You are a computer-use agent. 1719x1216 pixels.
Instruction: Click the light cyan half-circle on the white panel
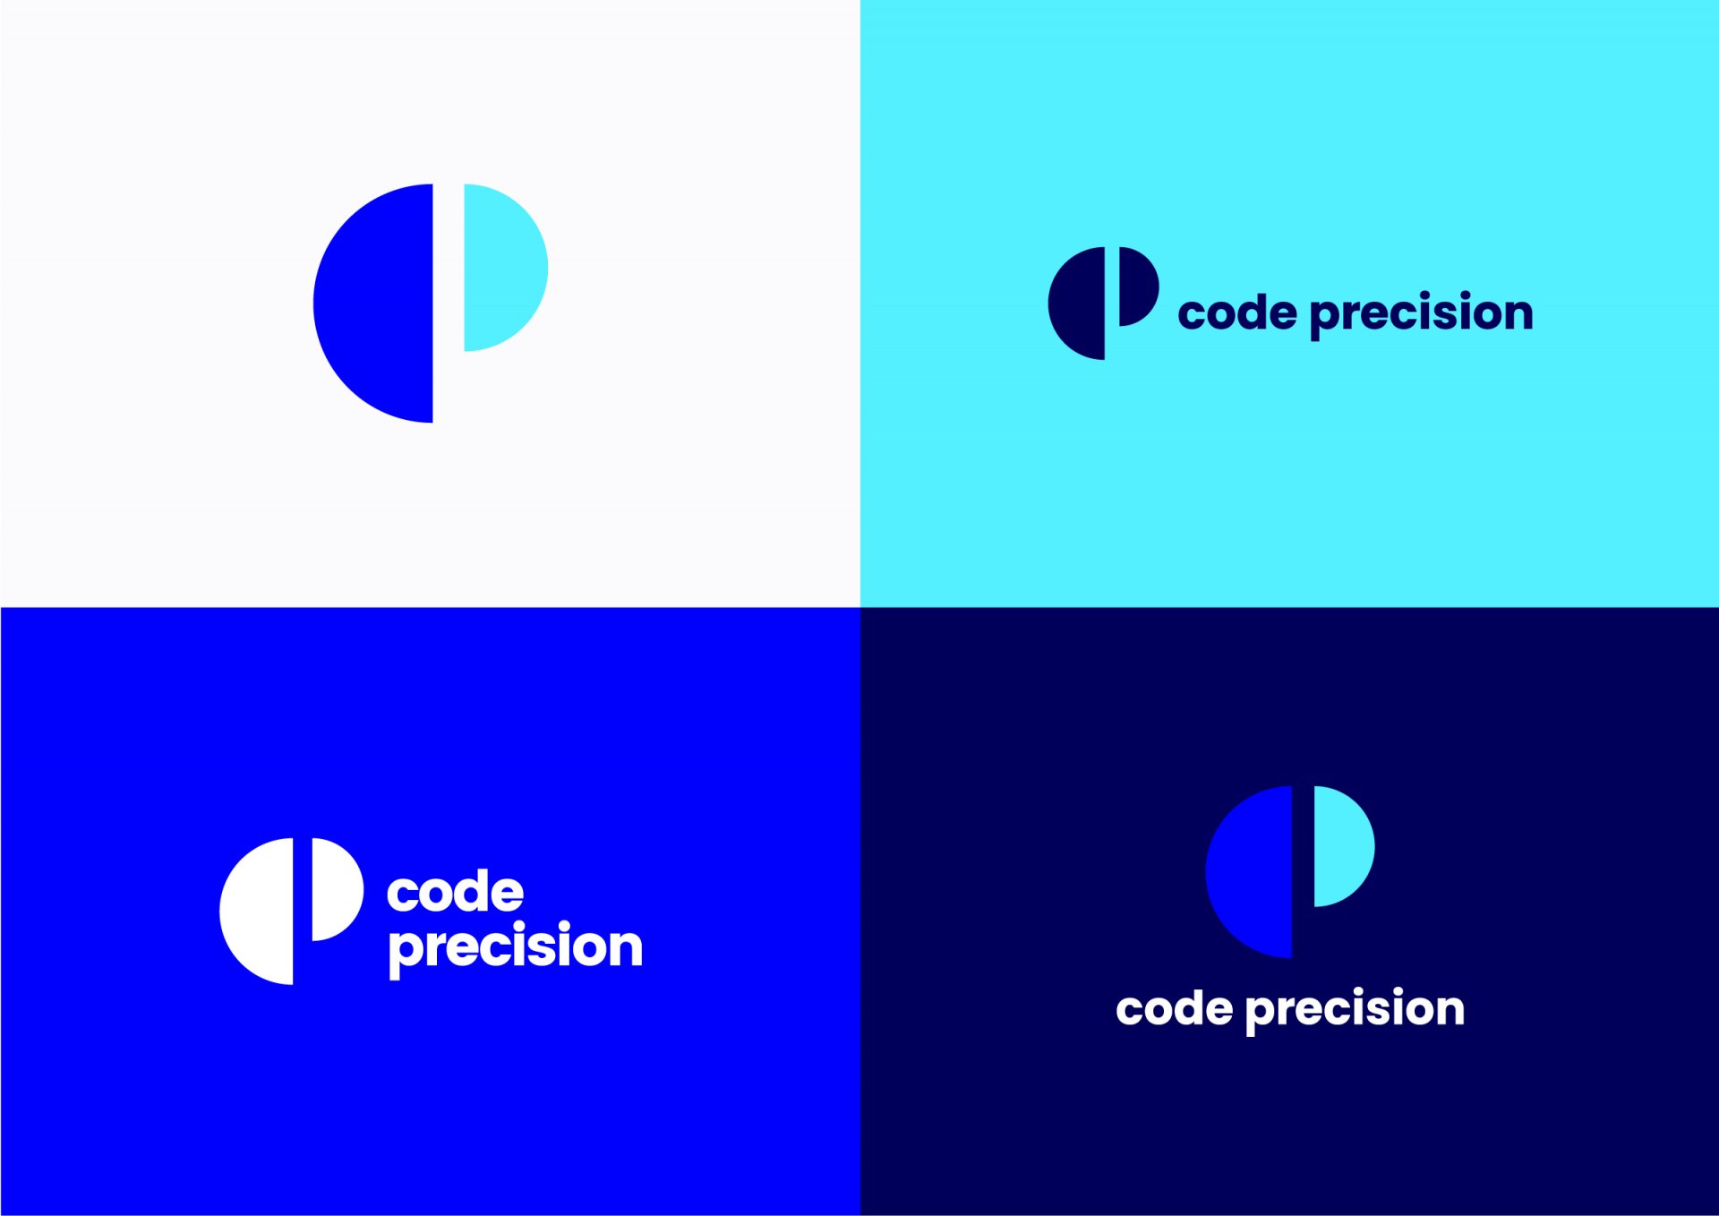tap(501, 268)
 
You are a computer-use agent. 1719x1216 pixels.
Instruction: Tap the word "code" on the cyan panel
tap(1237, 312)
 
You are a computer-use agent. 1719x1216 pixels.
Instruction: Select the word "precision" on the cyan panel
tap(1422, 314)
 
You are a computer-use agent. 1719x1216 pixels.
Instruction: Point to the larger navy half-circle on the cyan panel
tap(1079, 304)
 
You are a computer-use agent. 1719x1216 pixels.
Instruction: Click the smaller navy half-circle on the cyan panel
tap(1137, 287)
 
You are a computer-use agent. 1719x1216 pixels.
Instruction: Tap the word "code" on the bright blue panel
tap(455, 892)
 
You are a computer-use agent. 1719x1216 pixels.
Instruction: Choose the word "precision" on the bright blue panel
tap(516, 949)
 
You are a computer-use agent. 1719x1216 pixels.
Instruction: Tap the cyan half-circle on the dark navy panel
tap(1342, 846)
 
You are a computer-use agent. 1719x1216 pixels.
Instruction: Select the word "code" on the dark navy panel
tap(1175, 1009)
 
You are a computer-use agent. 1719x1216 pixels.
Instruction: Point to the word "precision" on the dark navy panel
tap(1355, 1011)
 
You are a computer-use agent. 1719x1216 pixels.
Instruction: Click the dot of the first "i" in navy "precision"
tap(1354, 992)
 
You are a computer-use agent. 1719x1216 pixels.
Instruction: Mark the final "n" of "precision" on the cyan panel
tap(1516, 315)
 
